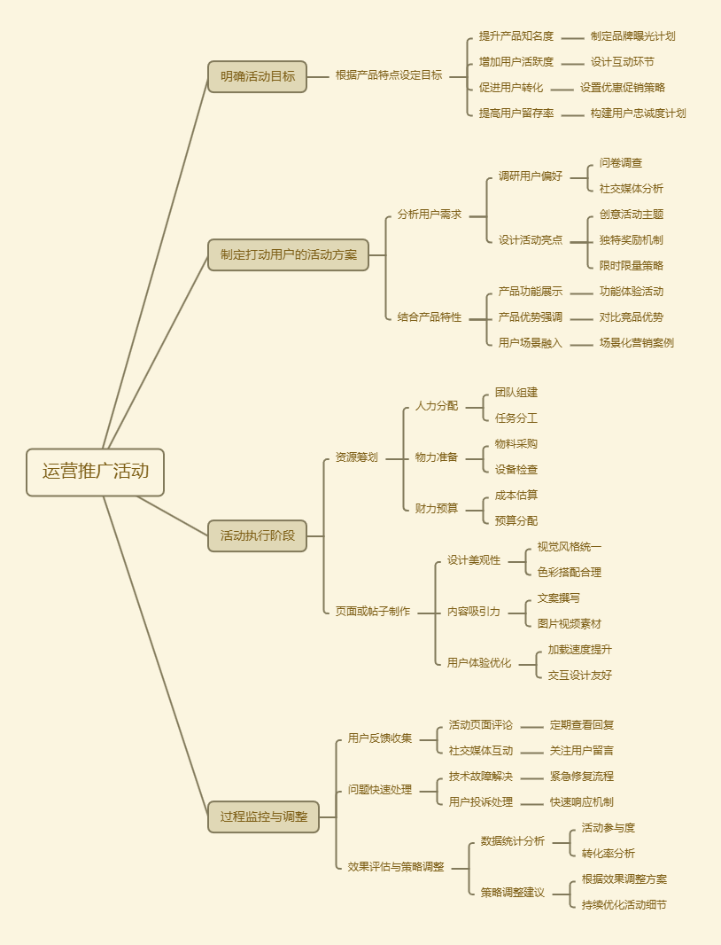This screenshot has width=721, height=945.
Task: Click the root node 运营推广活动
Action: [96, 472]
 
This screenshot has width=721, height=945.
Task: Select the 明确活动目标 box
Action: [257, 76]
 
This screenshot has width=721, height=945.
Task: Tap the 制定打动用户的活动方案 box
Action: [288, 254]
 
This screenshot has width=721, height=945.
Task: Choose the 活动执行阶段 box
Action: [257, 535]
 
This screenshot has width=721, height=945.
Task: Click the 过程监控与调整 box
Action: [263, 816]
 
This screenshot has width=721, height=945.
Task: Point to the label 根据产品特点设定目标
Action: [388, 75]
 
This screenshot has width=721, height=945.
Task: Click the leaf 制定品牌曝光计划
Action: [632, 36]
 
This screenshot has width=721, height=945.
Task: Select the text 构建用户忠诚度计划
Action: [638, 113]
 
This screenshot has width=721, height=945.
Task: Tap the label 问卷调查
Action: [621, 163]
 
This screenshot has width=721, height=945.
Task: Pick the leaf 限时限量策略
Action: [632, 265]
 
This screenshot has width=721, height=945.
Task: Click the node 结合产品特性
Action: [430, 317]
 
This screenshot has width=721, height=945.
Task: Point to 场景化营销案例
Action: [636, 343]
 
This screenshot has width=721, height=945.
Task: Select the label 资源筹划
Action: [356, 457]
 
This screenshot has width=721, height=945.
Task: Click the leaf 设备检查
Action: [516, 470]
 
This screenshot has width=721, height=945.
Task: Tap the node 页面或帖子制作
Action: [372, 611]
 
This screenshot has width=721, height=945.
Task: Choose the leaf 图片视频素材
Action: [569, 624]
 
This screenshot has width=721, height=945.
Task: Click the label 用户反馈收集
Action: [379, 738]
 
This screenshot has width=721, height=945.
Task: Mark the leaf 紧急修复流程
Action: [581, 777]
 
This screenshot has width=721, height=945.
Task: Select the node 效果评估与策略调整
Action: [396, 867]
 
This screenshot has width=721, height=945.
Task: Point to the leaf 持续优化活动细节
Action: [624, 905]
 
